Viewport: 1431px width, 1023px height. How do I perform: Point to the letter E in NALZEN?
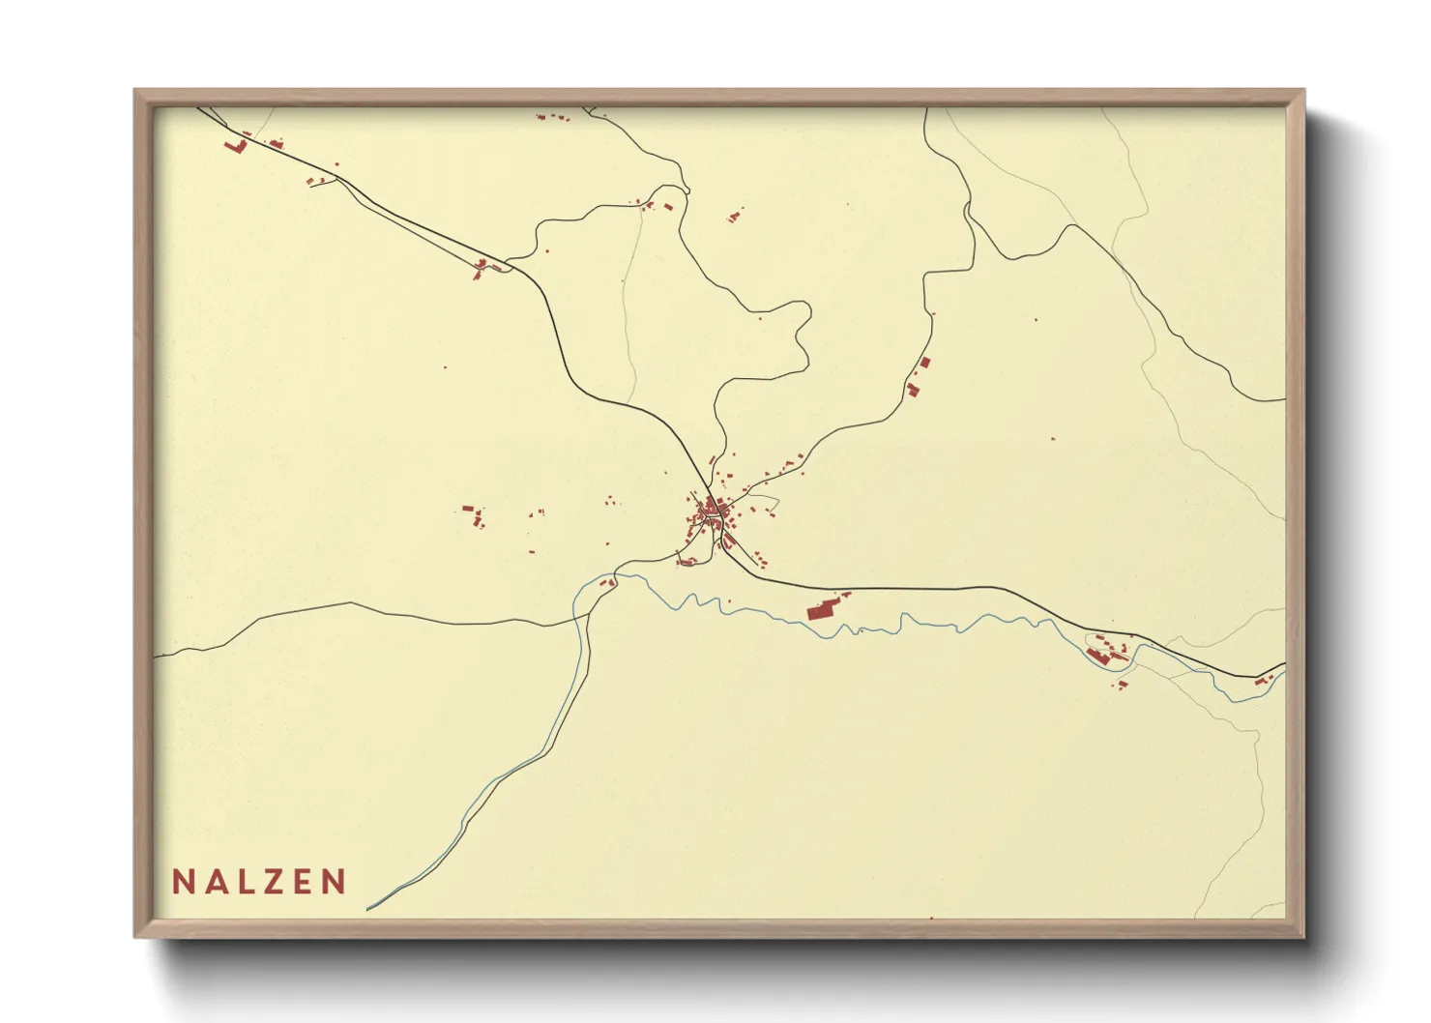point(299,882)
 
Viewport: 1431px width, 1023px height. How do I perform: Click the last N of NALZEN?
point(334,882)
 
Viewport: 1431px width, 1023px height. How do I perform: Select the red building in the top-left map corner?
point(234,146)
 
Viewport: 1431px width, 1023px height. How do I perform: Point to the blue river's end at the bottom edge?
point(369,909)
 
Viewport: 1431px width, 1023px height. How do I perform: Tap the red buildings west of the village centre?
point(473,515)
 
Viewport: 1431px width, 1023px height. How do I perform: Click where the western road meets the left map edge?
point(155,657)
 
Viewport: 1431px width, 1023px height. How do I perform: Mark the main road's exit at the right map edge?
point(1284,665)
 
